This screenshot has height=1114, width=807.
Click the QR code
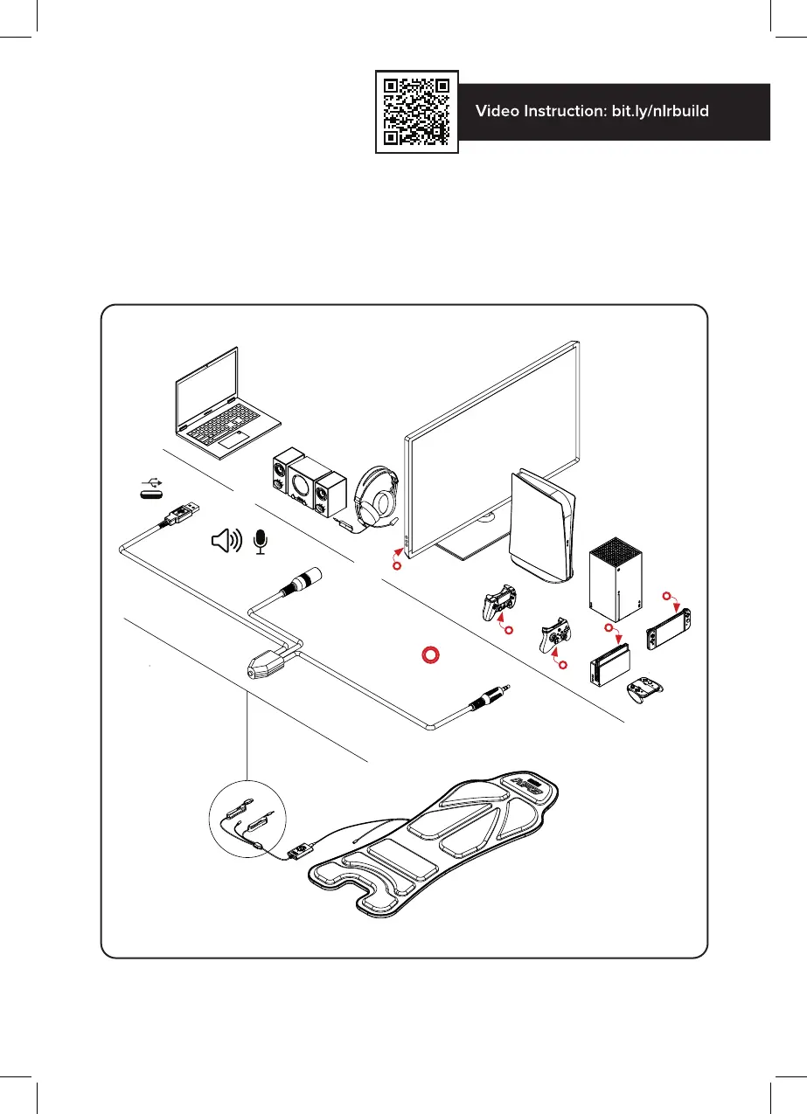(x=417, y=111)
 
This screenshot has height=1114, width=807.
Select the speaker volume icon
(x=226, y=542)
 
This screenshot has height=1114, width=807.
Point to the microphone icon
(x=260, y=542)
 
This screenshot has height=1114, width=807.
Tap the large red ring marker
(x=429, y=654)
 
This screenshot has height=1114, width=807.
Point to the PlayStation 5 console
(x=542, y=528)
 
